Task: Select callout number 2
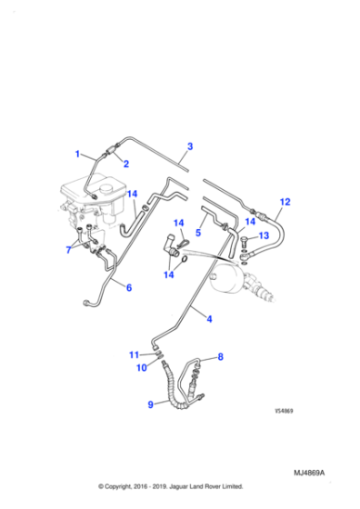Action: pyautogui.click(x=125, y=164)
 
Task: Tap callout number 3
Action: pyautogui.click(x=190, y=145)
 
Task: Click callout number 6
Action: pyautogui.click(x=128, y=288)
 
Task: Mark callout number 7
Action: pyautogui.click(x=68, y=250)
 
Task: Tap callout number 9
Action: pyautogui.click(x=151, y=405)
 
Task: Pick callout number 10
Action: pyautogui.click(x=140, y=368)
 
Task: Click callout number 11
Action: pyautogui.click(x=133, y=354)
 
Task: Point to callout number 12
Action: pyautogui.click(x=285, y=202)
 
